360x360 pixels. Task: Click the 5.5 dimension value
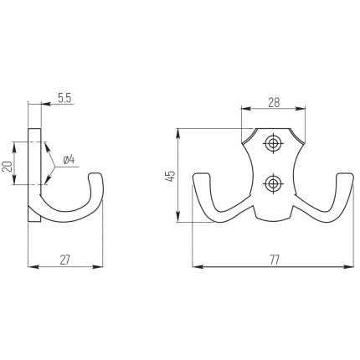click(x=64, y=98)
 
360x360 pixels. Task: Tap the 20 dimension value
click(x=8, y=167)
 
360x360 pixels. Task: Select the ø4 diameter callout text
click(x=69, y=160)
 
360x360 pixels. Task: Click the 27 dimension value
click(x=65, y=260)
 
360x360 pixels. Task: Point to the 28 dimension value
click(x=274, y=102)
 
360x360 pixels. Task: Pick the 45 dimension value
click(x=170, y=176)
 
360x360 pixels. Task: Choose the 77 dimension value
click(x=275, y=260)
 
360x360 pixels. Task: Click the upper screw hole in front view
click(x=273, y=144)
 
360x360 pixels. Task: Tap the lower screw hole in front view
click(x=273, y=183)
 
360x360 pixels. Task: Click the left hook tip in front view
click(x=201, y=175)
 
